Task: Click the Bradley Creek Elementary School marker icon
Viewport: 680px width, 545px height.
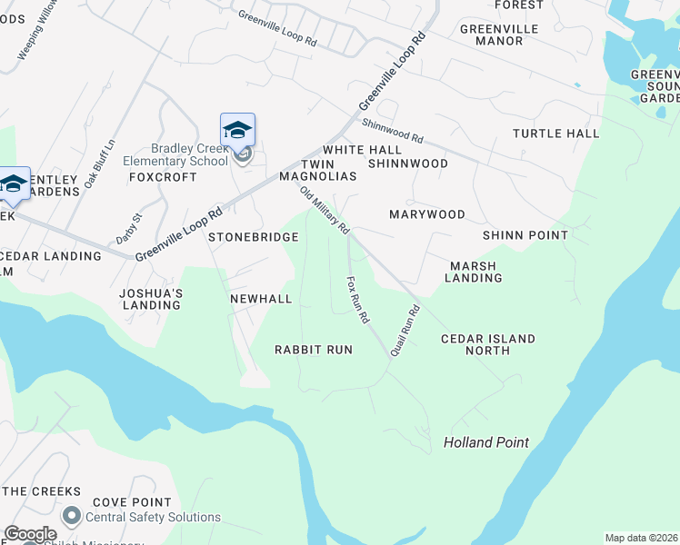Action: click(x=237, y=130)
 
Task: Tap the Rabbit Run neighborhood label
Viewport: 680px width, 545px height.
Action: click(x=314, y=350)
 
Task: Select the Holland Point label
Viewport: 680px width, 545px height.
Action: click(x=485, y=443)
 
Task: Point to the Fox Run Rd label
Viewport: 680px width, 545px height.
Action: click(x=357, y=302)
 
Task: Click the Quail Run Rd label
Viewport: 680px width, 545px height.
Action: click(x=405, y=330)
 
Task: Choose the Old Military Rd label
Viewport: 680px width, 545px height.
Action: click(x=325, y=210)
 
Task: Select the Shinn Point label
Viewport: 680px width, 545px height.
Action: click(x=525, y=235)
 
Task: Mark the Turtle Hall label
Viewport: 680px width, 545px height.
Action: click(x=555, y=134)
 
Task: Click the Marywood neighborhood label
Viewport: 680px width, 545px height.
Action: click(x=427, y=214)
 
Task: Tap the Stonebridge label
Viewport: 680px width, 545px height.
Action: click(x=254, y=237)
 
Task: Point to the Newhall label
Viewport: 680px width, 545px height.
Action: click(x=261, y=299)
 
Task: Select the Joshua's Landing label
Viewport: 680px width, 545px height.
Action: click(x=151, y=299)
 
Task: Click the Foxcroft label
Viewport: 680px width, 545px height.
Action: click(x=163, y=177)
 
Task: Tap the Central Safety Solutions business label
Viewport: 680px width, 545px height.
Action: click(x=153, y=518)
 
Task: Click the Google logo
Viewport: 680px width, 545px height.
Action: click(x=30, y=534)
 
